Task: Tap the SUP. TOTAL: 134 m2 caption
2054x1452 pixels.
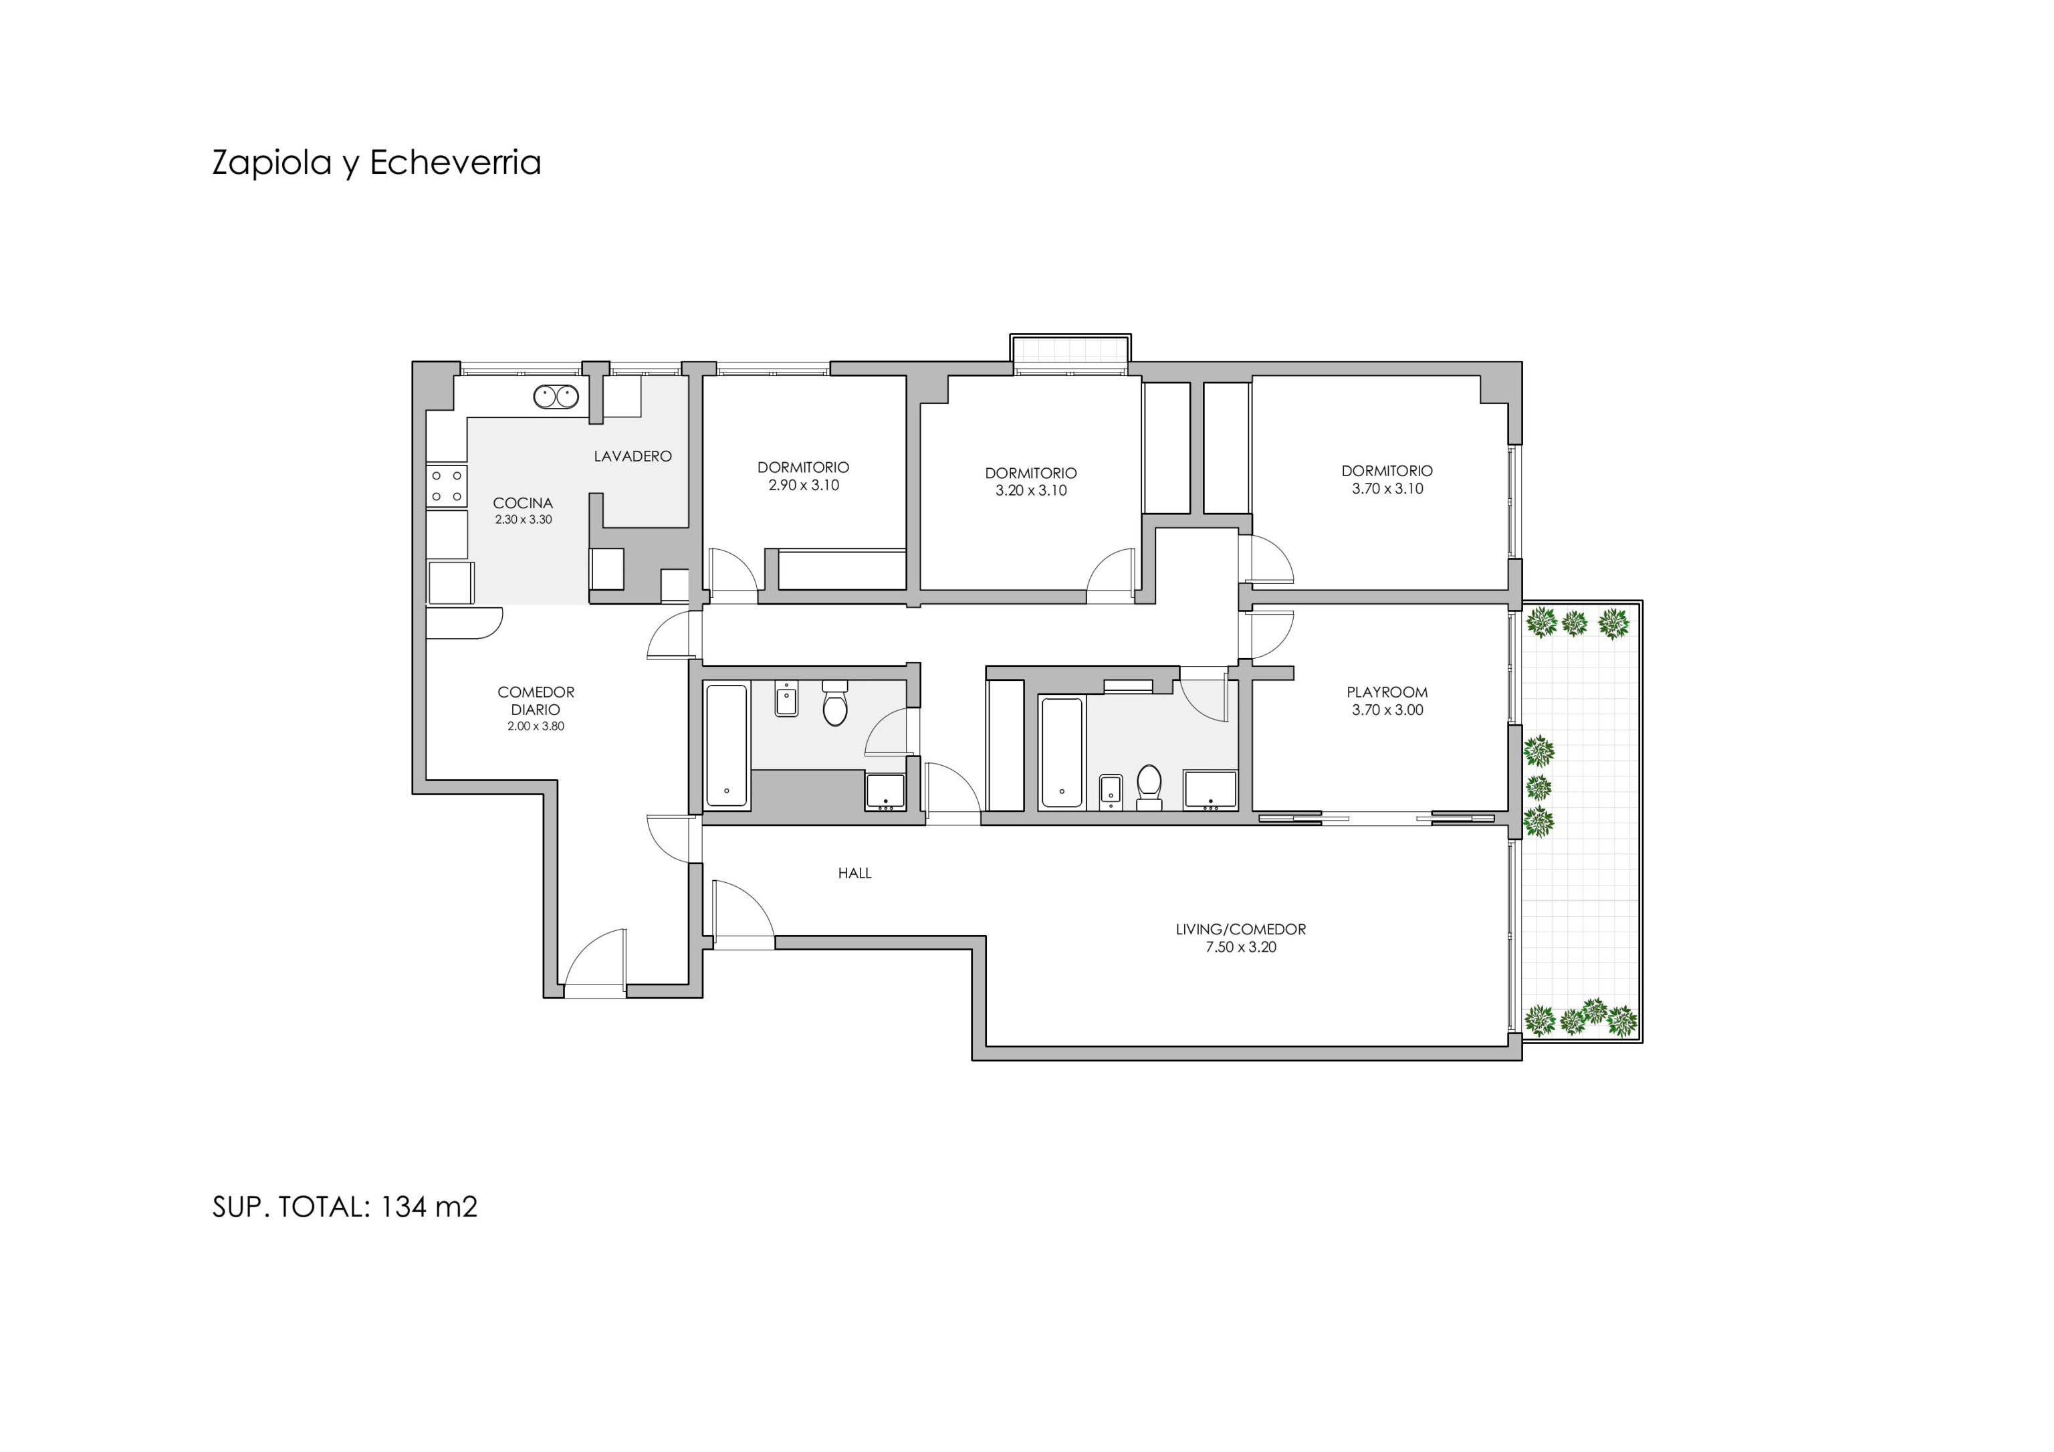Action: pos(345,1207)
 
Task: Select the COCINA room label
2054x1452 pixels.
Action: pos(524,503)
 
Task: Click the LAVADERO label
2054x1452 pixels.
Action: pos(633,456)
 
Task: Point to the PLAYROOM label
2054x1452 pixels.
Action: pos(1387,692)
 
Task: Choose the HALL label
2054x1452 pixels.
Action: pos(854,873)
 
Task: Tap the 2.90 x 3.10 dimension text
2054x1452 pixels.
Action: pos(804,486)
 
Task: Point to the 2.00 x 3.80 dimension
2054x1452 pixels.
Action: pos(536,726)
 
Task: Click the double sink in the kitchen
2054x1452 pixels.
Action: pos(556,397)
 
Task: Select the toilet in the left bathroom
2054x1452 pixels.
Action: pos(834,703)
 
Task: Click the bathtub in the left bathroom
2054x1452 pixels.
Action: pos(726,746)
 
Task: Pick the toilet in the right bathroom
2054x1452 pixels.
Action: pos(1149,787)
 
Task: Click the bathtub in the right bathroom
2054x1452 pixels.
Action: pos(1062,753)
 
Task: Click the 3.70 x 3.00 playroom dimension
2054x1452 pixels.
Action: pos(1387,710)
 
